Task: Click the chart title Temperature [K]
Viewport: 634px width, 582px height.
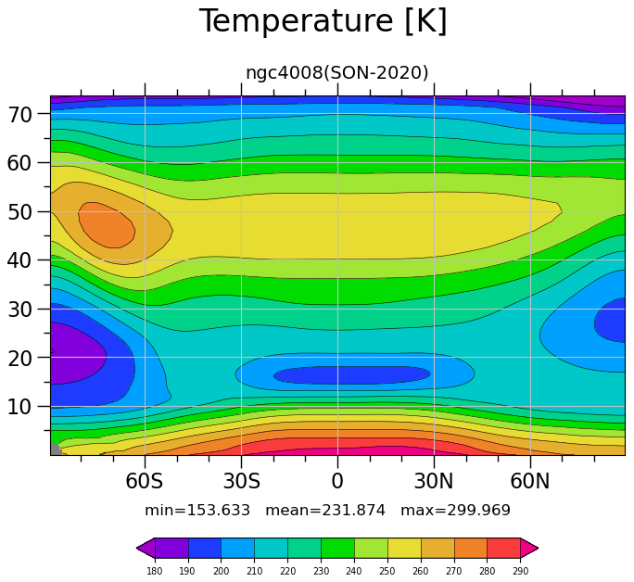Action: pyautogui.click(x=323, y=21)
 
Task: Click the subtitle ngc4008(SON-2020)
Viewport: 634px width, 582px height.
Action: pyautogui.click(x=336, y=72)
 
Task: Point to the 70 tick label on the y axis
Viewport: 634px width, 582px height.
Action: pyautogui.click(x=19, y=115)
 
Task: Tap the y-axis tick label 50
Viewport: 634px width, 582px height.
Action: pyautogui.click(x=19, y=212)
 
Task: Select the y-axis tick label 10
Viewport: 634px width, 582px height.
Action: pyautogui.click(x=19, y=407)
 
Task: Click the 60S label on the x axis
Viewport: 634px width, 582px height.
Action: pyautogui.click(x=145, y=481)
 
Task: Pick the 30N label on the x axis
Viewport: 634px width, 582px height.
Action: pyautogui.click(x=434, y=481)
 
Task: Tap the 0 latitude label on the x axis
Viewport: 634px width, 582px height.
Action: pyautogui.click(x=337, y=481)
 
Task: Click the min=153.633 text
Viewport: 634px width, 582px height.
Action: pyautogui.click(x=197, y=510)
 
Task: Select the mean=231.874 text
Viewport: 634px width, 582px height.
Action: pyautogui.click(x=325, y=510)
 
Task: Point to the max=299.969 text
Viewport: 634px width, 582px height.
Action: pyautogui.click(x=455, y=510)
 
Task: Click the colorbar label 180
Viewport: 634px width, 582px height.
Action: pyautogui.click(x=155, y=571)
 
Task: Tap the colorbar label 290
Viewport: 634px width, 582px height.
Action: pyautogui.click(x=520, y=571)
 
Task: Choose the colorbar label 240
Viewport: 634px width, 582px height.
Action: pyautogui.click(x=354, y=571)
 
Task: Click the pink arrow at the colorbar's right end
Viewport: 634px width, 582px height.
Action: pyautogui.click(x=529, y=549)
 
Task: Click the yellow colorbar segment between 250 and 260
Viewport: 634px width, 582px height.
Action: pyautogui.click(x=404, y=549)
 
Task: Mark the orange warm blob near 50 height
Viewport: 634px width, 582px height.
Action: pyautogui.click(x=107, y=224)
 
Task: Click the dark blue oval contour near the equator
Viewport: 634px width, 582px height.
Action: pyautogui.click(x=352, y=375)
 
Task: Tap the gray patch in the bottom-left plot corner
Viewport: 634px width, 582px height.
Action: pyautogui.click(x=56, y=449)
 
